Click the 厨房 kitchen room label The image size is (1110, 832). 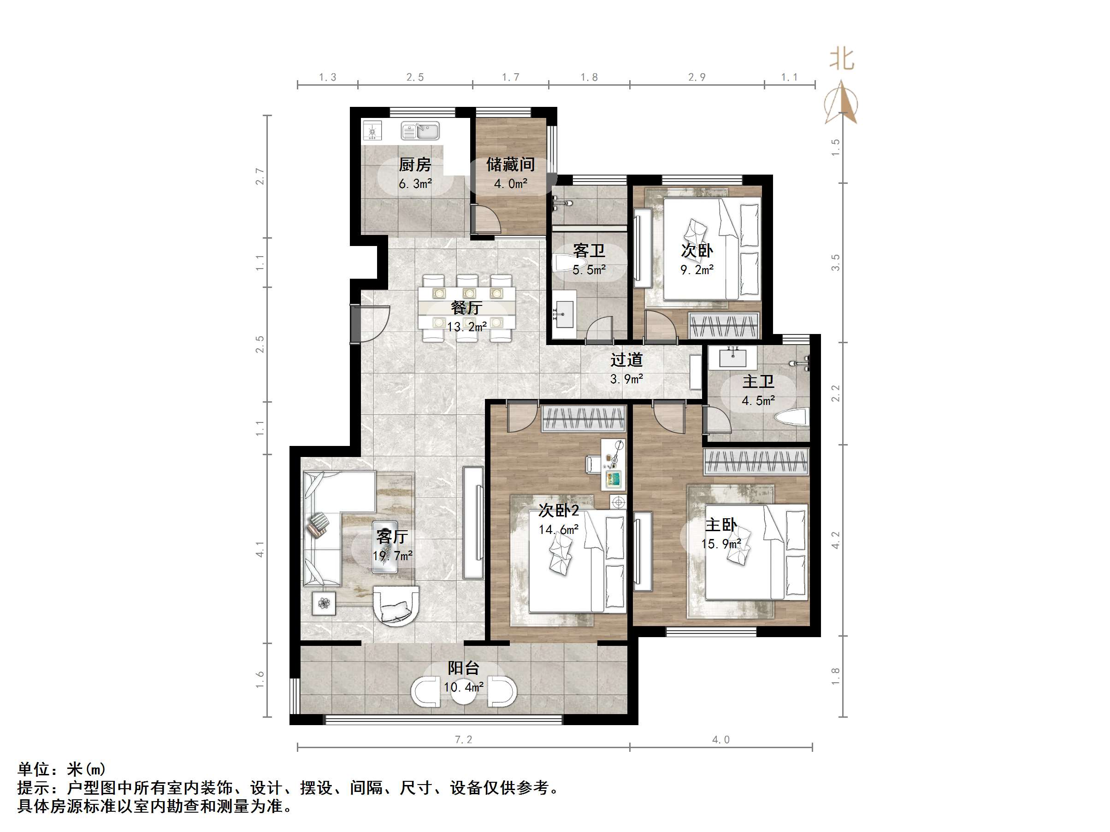coord(414,164)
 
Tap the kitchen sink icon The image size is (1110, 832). coord(420,131)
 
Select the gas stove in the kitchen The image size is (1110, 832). coord(372,131)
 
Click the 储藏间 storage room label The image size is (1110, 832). coord(510,164)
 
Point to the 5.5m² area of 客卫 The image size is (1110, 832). coord(589,270)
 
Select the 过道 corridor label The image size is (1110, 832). coord(626,360)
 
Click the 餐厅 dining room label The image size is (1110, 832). coord(466,307)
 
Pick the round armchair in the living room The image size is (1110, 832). coord(396,606)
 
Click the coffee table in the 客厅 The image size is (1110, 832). coord(385,547)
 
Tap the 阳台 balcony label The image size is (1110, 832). coord(463,668)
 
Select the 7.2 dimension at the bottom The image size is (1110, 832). coord(463,740)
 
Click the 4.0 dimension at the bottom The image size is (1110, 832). coord(720,740)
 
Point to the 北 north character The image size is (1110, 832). coord(842,59)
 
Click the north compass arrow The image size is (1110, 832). coord(842,104)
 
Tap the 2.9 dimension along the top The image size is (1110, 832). coord(697,77)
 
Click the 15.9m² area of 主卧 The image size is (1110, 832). coord(721,544)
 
